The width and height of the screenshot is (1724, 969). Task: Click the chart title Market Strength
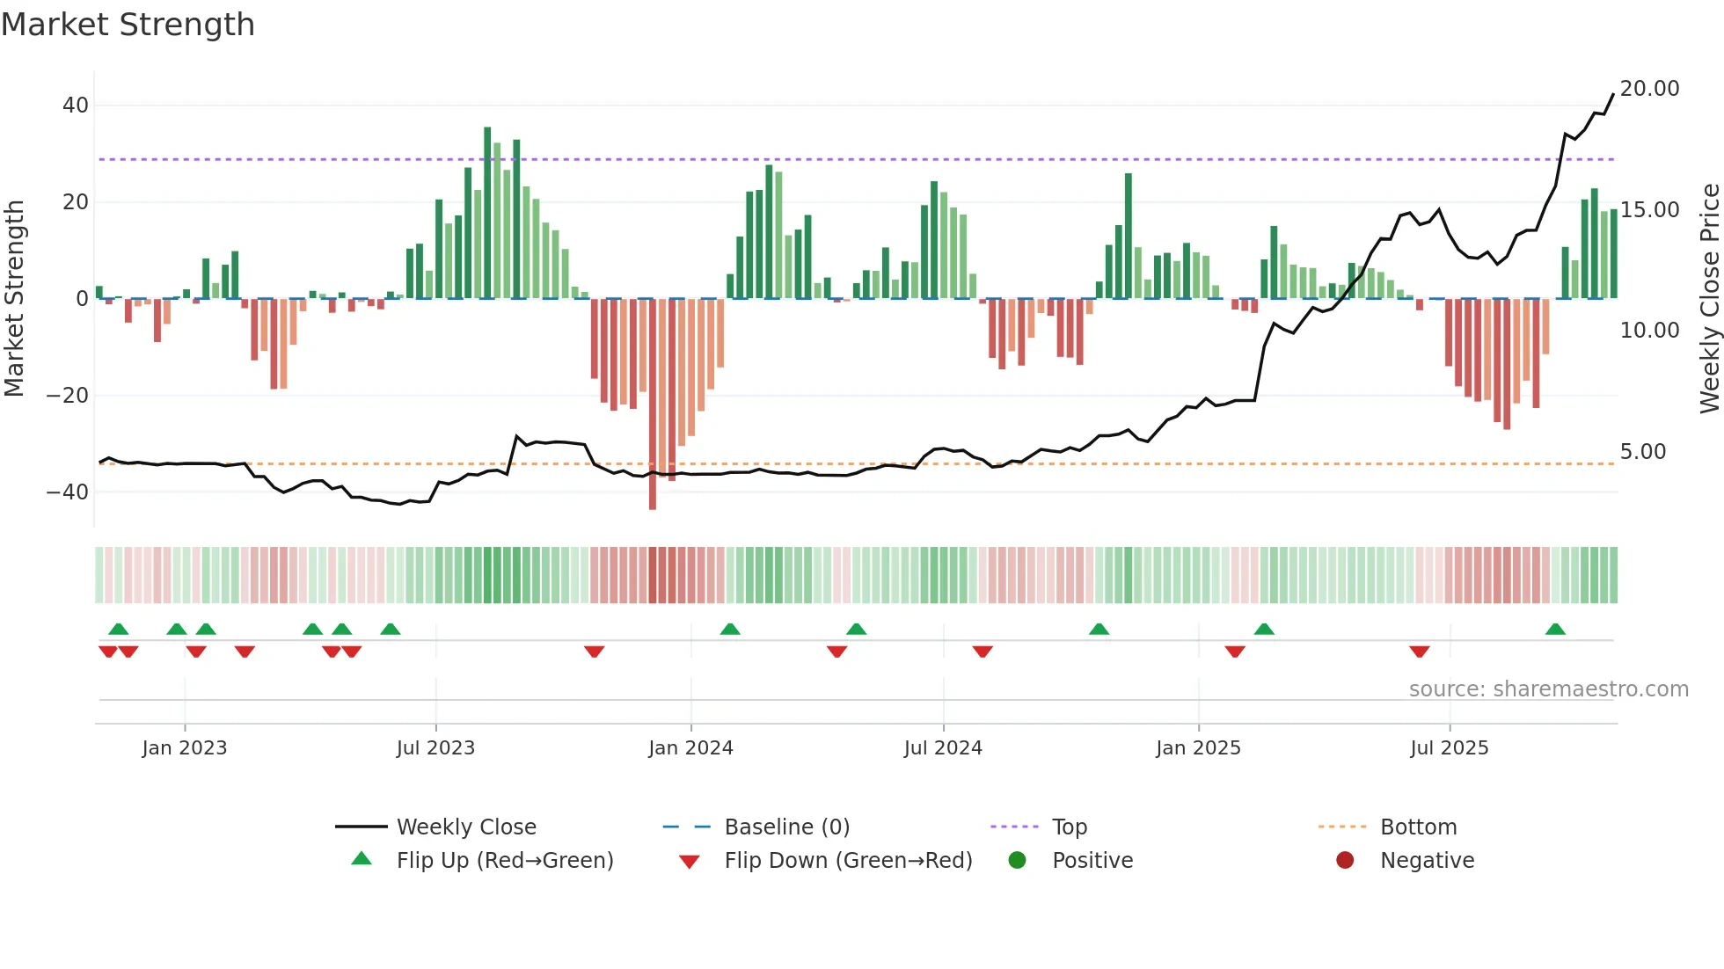tap(128, 25)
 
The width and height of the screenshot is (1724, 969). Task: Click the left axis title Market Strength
tap(14, 298)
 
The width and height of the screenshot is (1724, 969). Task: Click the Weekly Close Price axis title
tap(1709, 298)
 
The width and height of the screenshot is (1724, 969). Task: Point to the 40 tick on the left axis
tap(76, 106)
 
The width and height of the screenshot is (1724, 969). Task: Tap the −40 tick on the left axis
tap(69, 492)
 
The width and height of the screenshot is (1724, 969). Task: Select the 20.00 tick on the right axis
tap(1649, 89)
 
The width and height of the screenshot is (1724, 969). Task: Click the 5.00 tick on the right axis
tap(1643, 452)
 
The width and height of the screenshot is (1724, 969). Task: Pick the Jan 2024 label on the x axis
tap(690, 748)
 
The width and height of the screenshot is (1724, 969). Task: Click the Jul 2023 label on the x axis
tap(435, 748)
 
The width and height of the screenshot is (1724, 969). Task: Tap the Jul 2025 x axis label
tap(1449, 748)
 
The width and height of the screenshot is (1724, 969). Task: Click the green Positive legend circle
tap(1018, 861)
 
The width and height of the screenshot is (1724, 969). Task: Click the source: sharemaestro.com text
tap(1548, 689)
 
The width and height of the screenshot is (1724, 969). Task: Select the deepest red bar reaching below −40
tap(653, 404)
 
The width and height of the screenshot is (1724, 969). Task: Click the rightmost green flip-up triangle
tap(1555, 630)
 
